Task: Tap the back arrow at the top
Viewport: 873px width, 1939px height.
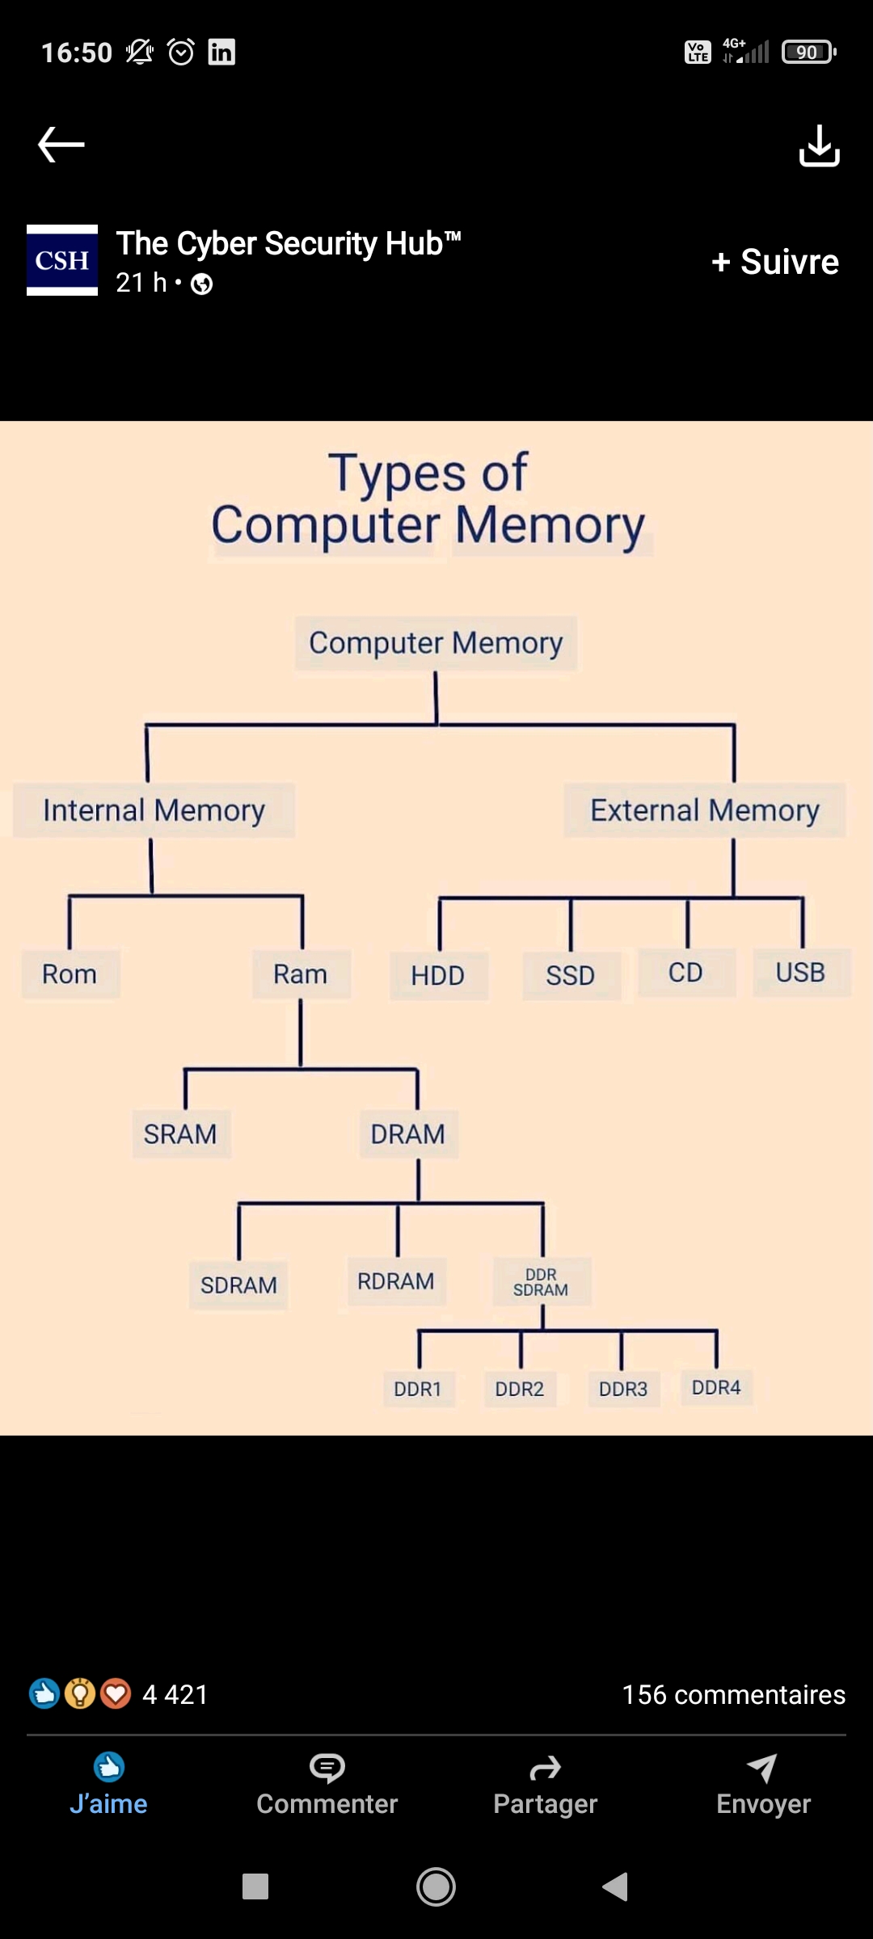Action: (61, 145)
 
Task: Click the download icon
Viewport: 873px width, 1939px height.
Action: (819, 145)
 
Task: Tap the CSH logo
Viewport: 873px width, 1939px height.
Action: (62, 260)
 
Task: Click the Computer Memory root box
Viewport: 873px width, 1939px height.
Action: (436, 643)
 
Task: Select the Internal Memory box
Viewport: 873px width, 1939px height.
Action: (154, 810)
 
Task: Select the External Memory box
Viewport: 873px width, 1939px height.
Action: (704, 810)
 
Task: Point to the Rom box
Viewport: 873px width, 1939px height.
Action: (70, 974)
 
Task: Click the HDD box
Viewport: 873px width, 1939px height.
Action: (438, 976)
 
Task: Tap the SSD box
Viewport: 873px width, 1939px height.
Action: (571, 976)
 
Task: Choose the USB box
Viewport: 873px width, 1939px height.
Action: (800, 973)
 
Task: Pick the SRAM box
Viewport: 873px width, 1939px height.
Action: (181, 1134)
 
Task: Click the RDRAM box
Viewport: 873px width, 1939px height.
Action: (396, 1281)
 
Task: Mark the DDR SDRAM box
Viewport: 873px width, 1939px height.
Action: (541, 1282)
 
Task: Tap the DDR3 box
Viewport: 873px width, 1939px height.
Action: (623, 1389)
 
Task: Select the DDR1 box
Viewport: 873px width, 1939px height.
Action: (418, 1389)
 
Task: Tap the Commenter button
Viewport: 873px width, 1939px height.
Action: (327, 1785)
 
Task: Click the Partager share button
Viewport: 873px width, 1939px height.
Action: (545, 1785)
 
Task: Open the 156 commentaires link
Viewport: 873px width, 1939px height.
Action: (733, 1694)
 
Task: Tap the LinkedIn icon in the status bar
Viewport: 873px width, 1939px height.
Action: (221, 53)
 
